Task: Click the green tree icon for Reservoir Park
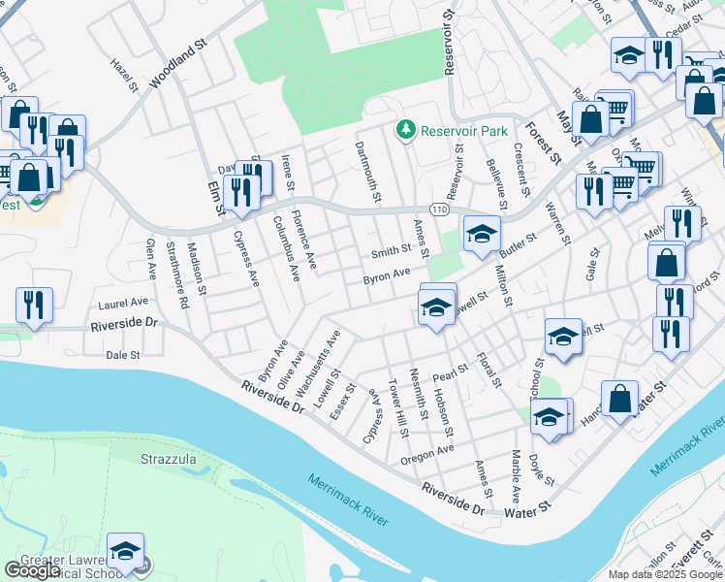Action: click(x=405, y=130)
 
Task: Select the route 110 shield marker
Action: click(x=439, y=210)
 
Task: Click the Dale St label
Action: click(x=123, y=356)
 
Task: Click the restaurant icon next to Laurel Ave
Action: click(x=34, y=306)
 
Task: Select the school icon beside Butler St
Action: click(x=482, y=234)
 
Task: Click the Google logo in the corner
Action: click(x=32, y=570)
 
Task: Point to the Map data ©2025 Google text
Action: click(x=665, y=574)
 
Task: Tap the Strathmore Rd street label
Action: click(x=176, y=275)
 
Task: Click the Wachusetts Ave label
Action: click(x=318, y=366)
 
